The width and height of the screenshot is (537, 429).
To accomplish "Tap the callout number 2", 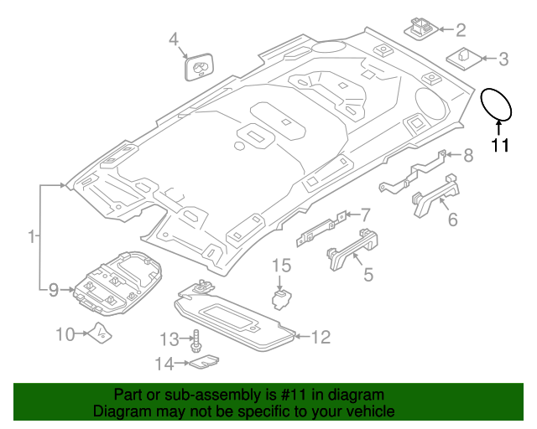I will coord(461,31).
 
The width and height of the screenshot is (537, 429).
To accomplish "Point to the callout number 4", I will coord(174,39).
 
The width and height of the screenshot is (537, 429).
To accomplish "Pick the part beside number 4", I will coord(197,66).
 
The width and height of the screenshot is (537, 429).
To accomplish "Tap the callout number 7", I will coord(365,214).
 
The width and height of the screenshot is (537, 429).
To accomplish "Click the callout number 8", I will coord(468,154).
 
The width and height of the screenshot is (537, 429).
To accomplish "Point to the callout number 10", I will coord(65,334).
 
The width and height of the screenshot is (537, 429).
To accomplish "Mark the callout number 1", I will coord(31,238).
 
